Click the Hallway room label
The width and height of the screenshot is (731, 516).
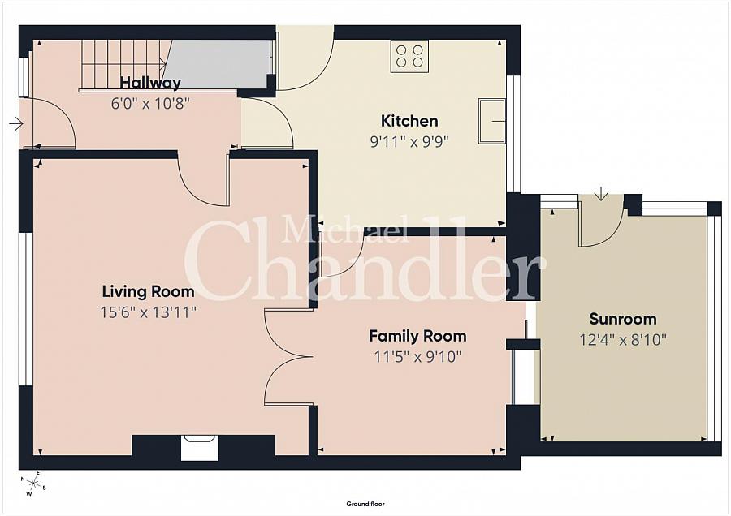point(150,83)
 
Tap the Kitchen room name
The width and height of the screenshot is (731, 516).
point(409,121)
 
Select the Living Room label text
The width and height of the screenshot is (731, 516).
point(149,292)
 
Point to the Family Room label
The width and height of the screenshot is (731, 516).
point(417,336)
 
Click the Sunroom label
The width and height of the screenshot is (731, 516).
point(623,319)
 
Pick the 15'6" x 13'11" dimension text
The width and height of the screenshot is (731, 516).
point(149,312)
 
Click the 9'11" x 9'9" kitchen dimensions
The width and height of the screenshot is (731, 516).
point(409,141)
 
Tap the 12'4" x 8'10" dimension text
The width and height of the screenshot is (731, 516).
point(623,340)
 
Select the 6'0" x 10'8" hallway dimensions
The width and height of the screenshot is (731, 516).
point(150,103)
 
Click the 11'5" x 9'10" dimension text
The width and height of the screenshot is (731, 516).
point(417,357)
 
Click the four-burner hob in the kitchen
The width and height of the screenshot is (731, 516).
point(409,56)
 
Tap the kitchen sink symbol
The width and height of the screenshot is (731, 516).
point(492,121)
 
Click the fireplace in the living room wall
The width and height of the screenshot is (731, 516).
point(200,448)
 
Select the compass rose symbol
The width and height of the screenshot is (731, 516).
point(33,484)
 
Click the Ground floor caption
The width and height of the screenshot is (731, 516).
point(365,504)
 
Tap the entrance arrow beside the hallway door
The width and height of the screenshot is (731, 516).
point(16,124)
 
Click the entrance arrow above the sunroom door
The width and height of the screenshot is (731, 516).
point(601,193)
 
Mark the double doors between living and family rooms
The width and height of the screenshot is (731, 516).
point(288,357)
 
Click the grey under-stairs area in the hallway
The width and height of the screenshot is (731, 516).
point(217,64)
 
